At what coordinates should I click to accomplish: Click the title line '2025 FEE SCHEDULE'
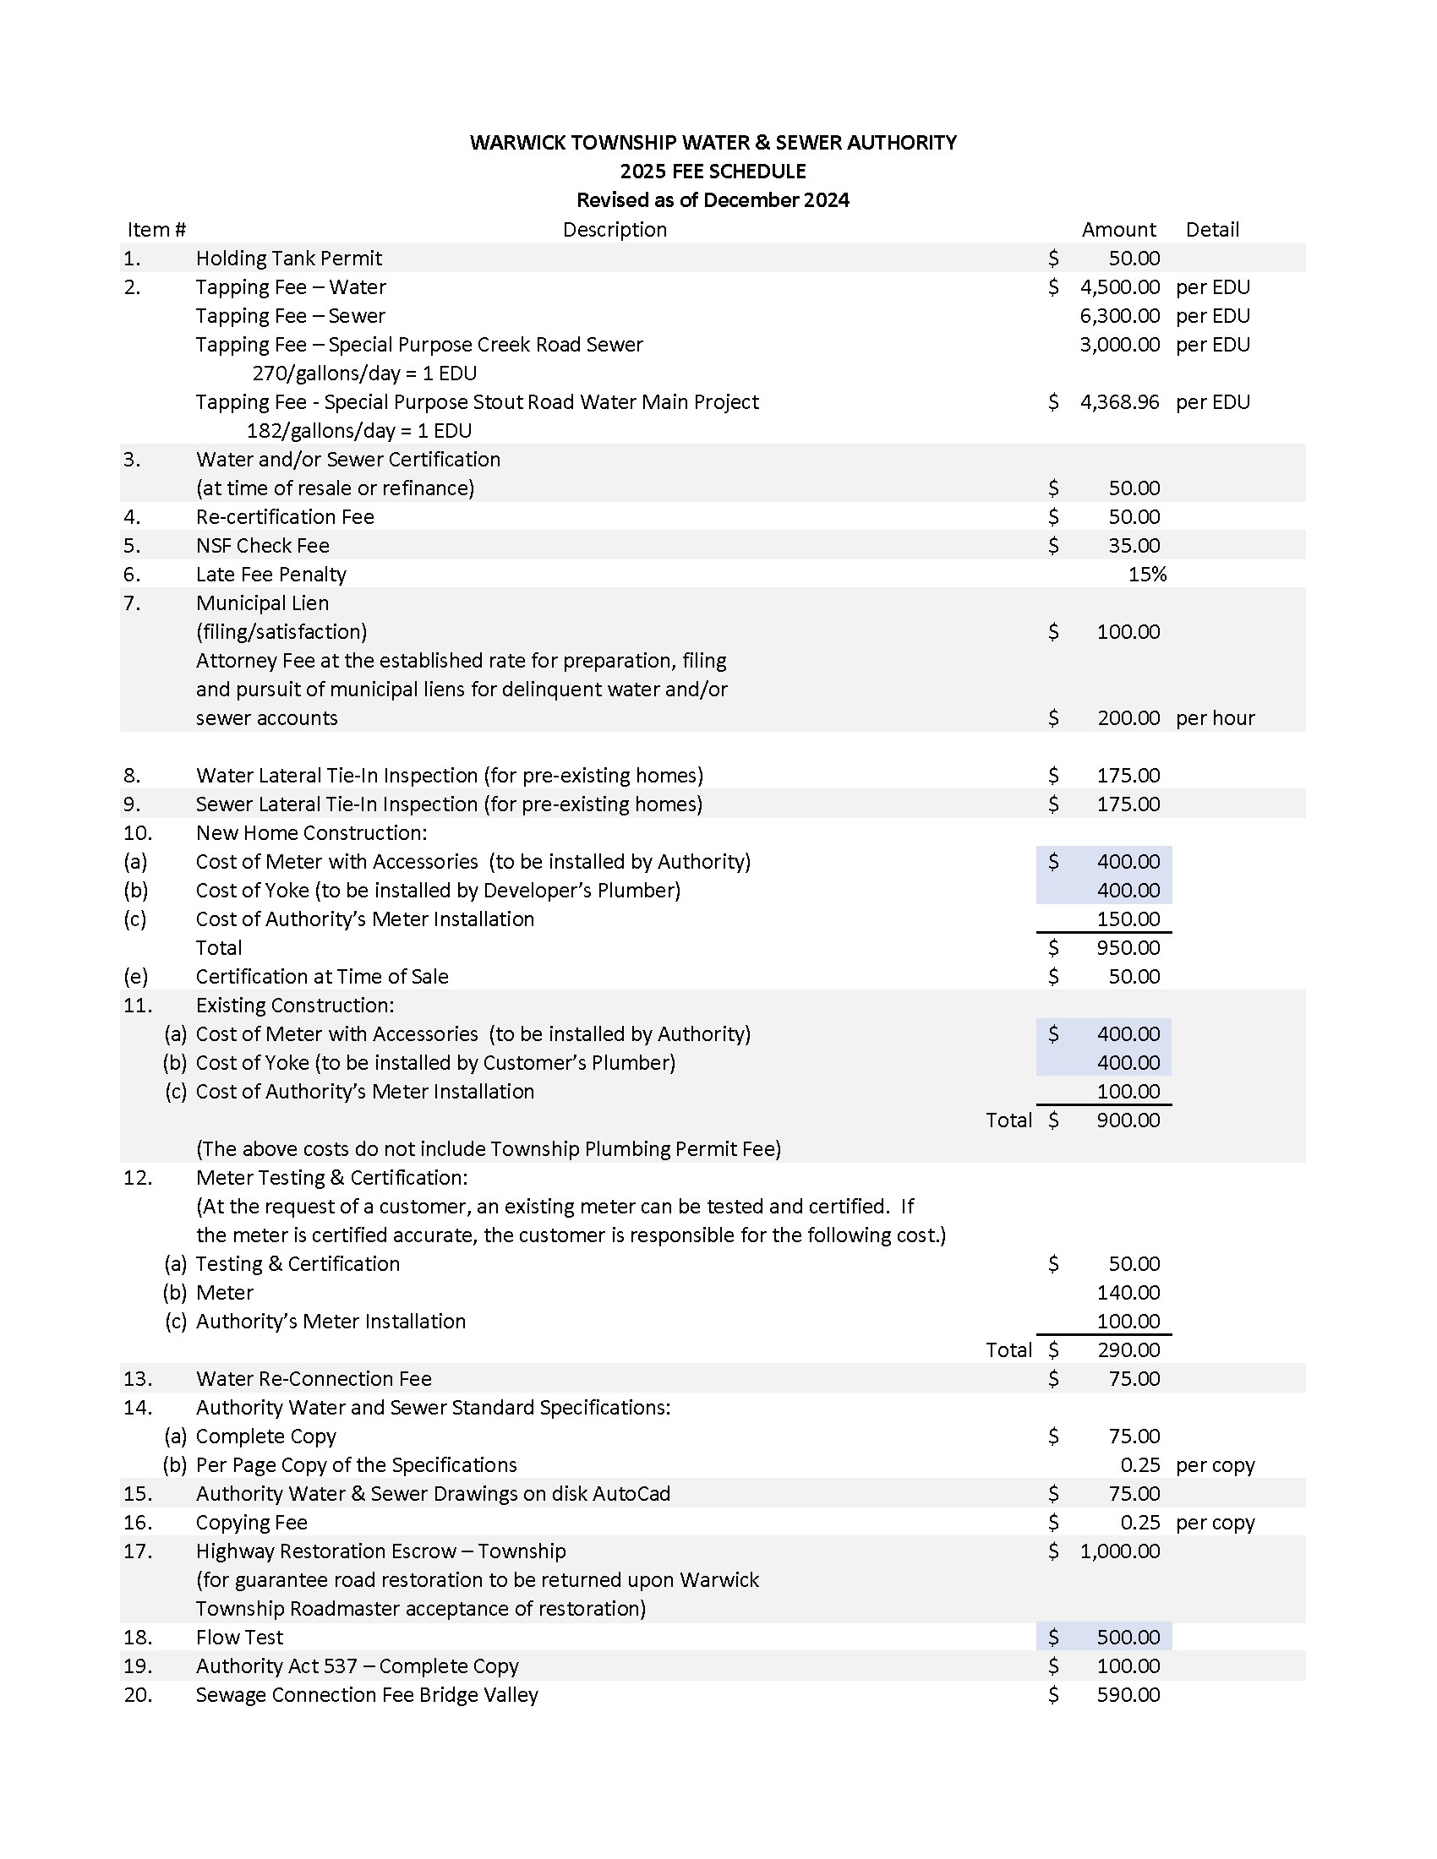(713, 171)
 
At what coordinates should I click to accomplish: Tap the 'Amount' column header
(1117, 230)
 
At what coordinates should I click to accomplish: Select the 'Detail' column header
(1211, 230)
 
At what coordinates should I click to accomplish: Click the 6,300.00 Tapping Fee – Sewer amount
(1119, 316)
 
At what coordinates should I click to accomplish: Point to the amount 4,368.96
(1119, 401)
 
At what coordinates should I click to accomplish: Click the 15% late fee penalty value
(1147, 575)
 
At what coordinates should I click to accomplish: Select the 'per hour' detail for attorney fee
(1215, 718)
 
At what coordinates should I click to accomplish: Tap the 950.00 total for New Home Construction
(1128, 948)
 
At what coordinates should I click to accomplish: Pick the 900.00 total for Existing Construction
(1128, 1120)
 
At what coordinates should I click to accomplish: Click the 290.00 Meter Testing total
(1128, 1350)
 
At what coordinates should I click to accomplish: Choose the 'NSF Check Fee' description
(262, 546)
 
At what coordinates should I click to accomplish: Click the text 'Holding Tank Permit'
(288, 259)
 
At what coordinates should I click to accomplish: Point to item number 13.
(138, 1379)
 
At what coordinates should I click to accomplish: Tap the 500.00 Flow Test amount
(1128, 1638)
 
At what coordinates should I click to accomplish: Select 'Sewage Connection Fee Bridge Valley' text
(367, 1695)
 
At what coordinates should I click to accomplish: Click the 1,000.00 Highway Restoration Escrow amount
(1119, 1551)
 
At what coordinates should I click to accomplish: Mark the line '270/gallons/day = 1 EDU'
(364, 373)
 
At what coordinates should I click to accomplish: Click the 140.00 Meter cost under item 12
(1128, 1293)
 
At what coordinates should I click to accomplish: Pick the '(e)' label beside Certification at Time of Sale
(135, 977)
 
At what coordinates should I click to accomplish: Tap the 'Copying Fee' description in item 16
(251, 1523)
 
